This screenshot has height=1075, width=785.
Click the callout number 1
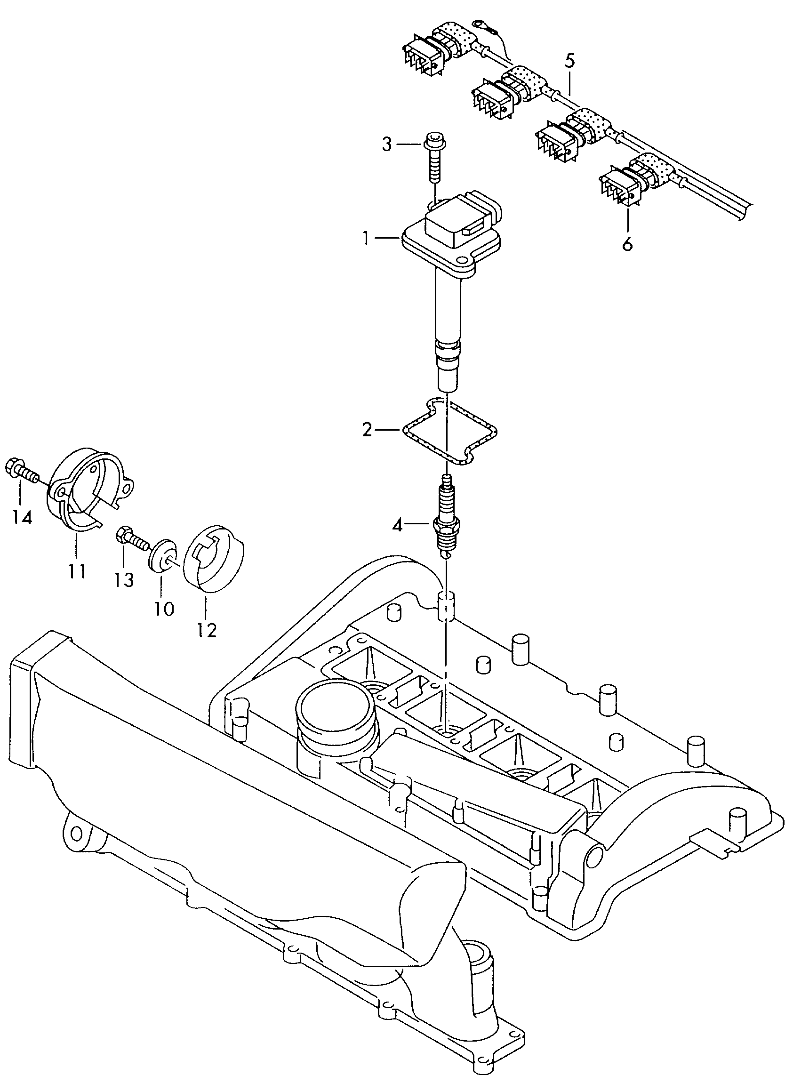point(366,239)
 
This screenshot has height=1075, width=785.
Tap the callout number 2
point(366,431)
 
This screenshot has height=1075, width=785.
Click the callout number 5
point(570,61)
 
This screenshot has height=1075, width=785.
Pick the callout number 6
point(627,244)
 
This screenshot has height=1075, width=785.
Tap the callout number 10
point(164,609)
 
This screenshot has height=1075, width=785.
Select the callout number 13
point(125,580)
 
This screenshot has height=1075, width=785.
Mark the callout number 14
point(22,517)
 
